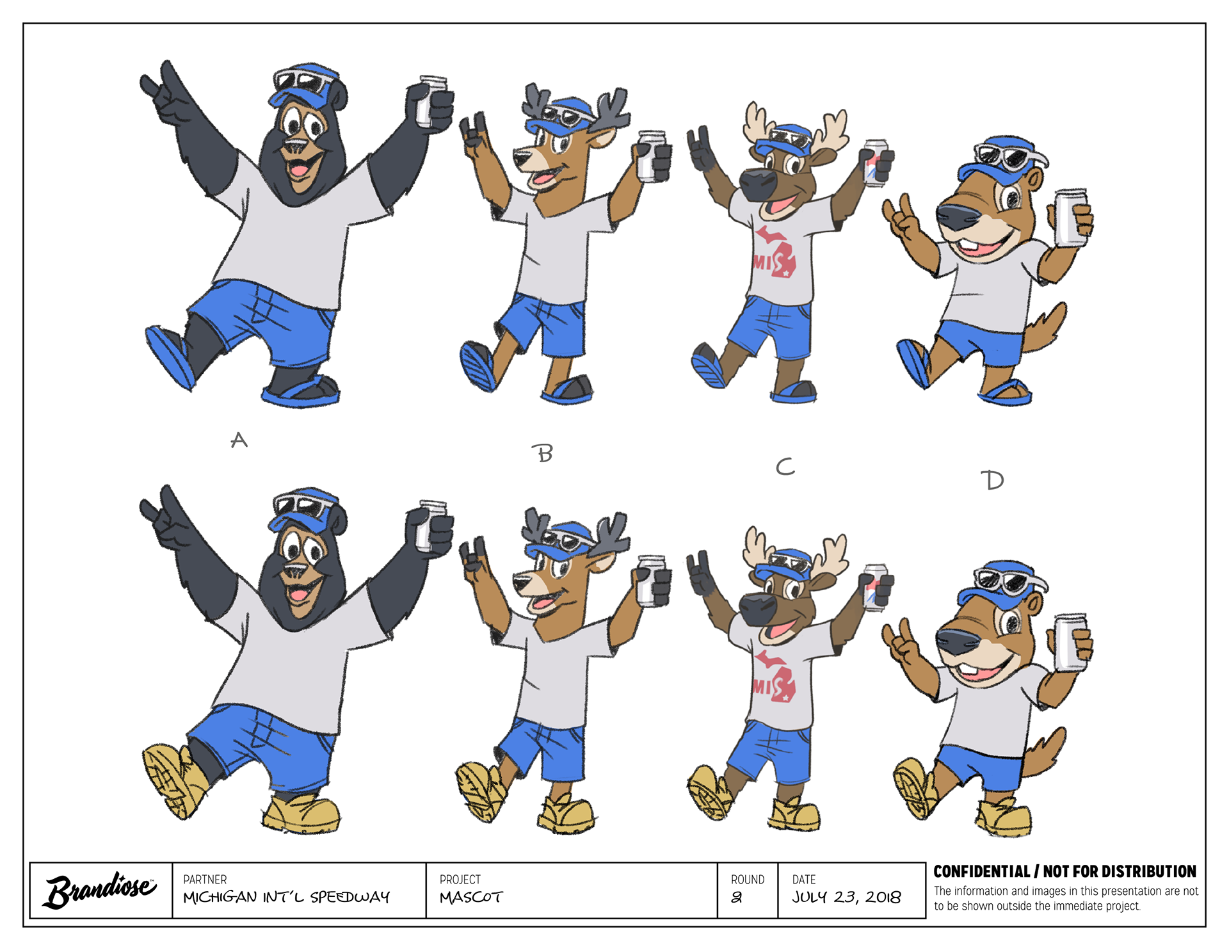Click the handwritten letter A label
coord(239,440)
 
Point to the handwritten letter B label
coord(545,453)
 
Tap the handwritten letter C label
coord(785,467)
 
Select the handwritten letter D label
coord(993,479)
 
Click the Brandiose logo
coord(100,890)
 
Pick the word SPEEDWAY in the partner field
coord(349,898)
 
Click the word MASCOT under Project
coord(471,898)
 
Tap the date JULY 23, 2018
coord(846,898)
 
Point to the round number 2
coord(737,898)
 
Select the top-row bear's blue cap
coord(301,87)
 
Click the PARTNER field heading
coord(205,880)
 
